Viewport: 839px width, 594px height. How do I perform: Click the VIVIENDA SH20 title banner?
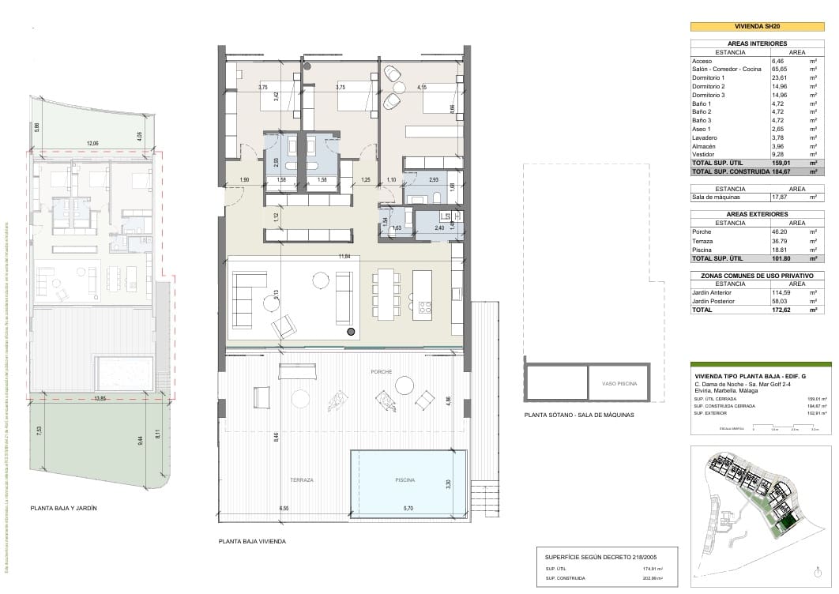pyautogui.click(x=758, y=26)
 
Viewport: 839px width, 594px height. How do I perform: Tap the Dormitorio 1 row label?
pyautogui.click(x=708, y=78)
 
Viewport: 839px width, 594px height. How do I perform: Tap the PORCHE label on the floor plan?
pyautogui.click(x=382, y=371)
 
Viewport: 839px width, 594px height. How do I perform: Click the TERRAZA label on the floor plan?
pyautogui.click(x=301, y=480)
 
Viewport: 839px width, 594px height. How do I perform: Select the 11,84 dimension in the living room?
pyautogui.click(x=344, y=257)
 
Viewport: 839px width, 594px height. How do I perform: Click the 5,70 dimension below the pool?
pyautogui.click(x=408, y=508)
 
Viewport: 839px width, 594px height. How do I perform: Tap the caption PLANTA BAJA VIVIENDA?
pyautogui.click(x=252, y=542)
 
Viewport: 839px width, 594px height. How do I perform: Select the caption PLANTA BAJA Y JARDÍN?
pyautogui.click(x=63, y=509)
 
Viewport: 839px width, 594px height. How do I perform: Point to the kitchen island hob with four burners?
pyautogui.click(x=424, y=306)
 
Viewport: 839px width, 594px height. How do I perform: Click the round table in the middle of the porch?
pyautogui.click(x=404, y=385)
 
